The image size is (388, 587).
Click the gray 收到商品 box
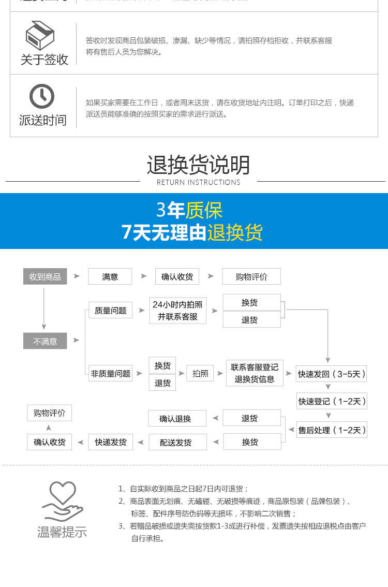(45, 276)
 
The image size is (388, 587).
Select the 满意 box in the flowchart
(110, 276)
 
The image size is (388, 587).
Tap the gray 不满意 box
(45, 341)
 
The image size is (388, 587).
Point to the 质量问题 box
(110, 310)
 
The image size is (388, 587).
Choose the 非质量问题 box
(110, 373)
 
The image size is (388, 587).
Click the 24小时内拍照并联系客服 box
(177, 311)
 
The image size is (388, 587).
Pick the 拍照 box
(200, 373)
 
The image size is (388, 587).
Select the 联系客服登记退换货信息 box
(255, 373)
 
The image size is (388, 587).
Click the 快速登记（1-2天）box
(332, 401)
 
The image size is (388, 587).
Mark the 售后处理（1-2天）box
(332, 430)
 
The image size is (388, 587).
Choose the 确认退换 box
(177, 418)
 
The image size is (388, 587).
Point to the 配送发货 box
(177, 442)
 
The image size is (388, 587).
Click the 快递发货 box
(110, 442)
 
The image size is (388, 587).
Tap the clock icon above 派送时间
(42, 96)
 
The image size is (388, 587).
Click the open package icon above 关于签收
(41, 36)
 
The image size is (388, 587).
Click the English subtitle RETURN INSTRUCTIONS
(198, 182)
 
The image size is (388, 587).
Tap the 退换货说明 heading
(198, 165)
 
